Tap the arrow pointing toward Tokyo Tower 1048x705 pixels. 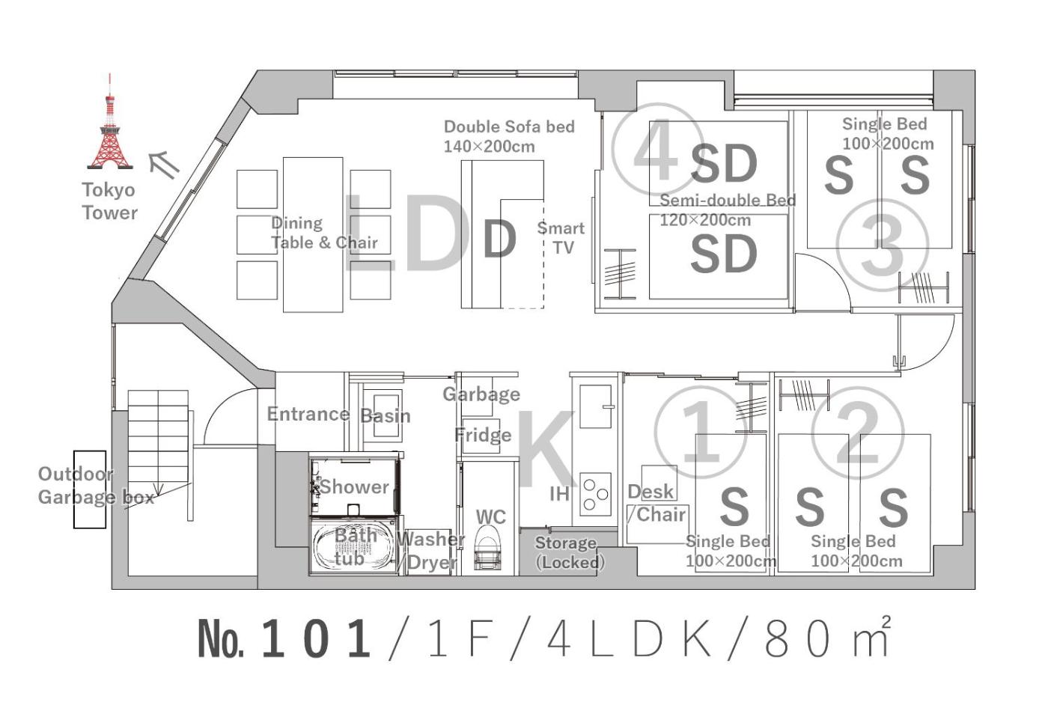(x=164, y=165)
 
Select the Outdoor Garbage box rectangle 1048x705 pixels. (x=90, y=489)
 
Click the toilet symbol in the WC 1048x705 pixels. (x=487, y=547)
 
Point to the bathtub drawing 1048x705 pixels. (x=353, y=546)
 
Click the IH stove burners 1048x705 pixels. (x=596, y=495)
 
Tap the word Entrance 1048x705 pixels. (x=308, y=414)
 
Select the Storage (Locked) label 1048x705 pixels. (x=568, y=552)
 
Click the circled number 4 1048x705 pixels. (x=657, y=150)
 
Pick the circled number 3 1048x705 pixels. (x=882, y=245)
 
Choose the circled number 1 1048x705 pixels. (x=701, y=433)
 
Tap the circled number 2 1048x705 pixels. (x=858, y=433)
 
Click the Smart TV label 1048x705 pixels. (x=561, y=238)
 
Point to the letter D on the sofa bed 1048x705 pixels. (x=500, y=239)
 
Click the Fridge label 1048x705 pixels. (x=484, y=435)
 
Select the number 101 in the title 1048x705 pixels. (x=316, y=638)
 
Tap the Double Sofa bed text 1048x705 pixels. (x=509, y=126)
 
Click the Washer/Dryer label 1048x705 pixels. (x=431, y=551)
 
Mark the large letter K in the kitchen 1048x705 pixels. (x=546, y=448)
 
